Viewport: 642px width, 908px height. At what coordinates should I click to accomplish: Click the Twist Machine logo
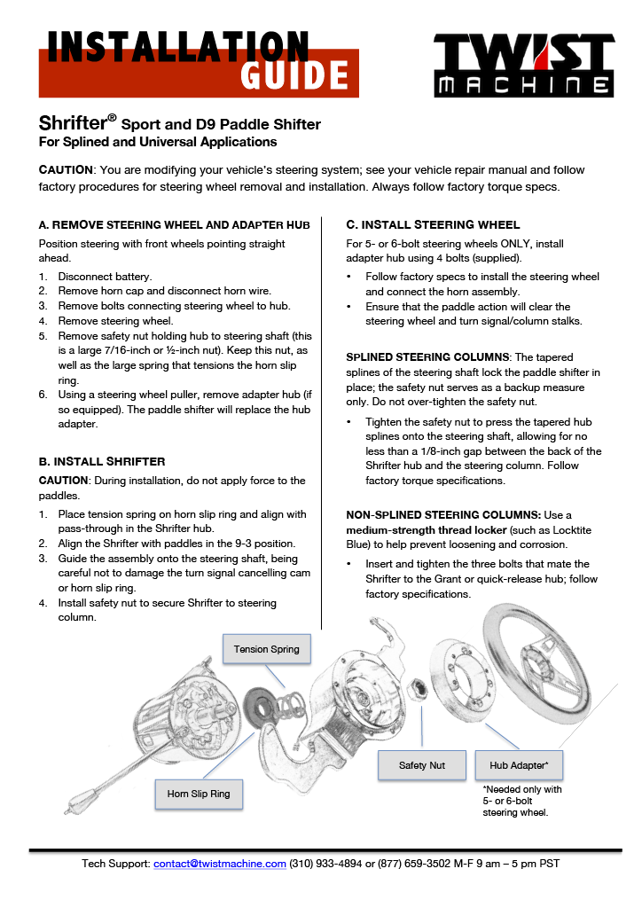(522, 65)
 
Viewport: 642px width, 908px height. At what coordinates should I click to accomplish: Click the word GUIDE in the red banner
(294, 76)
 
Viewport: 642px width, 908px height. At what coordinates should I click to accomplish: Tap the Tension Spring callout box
(266, 649)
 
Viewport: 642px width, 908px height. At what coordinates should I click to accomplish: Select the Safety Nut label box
(421, 765)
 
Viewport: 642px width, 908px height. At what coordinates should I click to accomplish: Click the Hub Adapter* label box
(519, 765)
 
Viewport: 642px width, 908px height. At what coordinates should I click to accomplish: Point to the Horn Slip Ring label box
(198, 794)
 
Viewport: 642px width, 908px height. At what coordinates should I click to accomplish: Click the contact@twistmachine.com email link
(220, 864)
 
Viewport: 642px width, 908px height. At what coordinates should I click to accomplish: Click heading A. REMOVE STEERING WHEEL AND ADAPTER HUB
(174, 225)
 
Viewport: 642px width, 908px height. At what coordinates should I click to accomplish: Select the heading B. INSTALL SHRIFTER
(102, 462)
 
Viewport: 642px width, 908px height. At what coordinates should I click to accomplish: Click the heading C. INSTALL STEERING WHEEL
(433, 224)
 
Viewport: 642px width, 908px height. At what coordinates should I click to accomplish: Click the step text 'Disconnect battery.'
(105, 276)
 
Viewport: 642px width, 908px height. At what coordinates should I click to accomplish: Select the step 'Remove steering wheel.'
(115, 321)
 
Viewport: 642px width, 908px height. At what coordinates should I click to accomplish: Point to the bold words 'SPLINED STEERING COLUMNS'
(427, 357)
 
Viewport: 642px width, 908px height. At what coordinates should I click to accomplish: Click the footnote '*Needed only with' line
(521, 788)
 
